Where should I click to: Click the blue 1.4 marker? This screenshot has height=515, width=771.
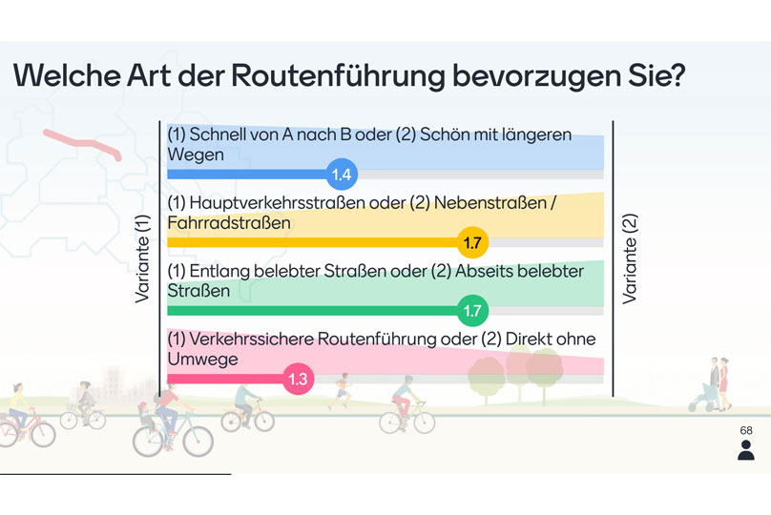click(x=342, y=174)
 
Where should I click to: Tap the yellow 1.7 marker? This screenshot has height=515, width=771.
click(x=472, y=242)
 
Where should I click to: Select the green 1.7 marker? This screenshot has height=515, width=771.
click(x=472, y=310)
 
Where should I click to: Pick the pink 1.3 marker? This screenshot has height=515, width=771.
click(x=298, y=379)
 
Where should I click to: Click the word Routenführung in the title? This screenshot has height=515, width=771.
click(x=338, y=76)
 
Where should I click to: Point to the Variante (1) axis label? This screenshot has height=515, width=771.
click(x=142, y=258)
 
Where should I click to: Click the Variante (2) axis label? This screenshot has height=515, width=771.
click(x=630, y=258)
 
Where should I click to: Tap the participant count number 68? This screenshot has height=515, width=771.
click(x=746, y=430)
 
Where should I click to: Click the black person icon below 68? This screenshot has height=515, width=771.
click(x=746, y=450)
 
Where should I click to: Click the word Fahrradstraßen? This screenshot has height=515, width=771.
click(x=229, y=223)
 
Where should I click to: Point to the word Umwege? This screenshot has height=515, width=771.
click(x=202, y=360)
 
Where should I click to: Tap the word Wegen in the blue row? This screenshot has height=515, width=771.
click(x=196, y=155)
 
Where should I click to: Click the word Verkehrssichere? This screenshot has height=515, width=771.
click(x=251, y=340)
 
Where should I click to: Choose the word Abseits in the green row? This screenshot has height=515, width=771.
click(x=484, y=271)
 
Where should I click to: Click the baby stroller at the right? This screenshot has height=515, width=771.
click(x=700, y=397)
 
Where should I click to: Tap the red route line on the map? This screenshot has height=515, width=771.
click(x=82, y=144)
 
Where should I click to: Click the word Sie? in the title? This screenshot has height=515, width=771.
click(x=656, y=75)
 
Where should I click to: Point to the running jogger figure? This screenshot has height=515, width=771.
click(x=340, y=391)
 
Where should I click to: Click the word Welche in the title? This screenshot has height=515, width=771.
click(x=67, y=75)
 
